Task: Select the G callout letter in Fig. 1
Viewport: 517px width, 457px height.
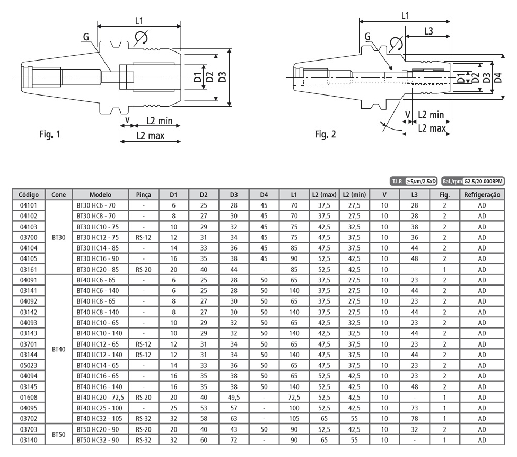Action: pyautogui.click(x=86, y=37)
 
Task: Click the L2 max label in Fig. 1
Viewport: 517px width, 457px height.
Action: pyautogui.click(x=150, y=135)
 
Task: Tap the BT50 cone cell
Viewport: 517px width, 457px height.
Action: pyautogui.click(x=59, y=438)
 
